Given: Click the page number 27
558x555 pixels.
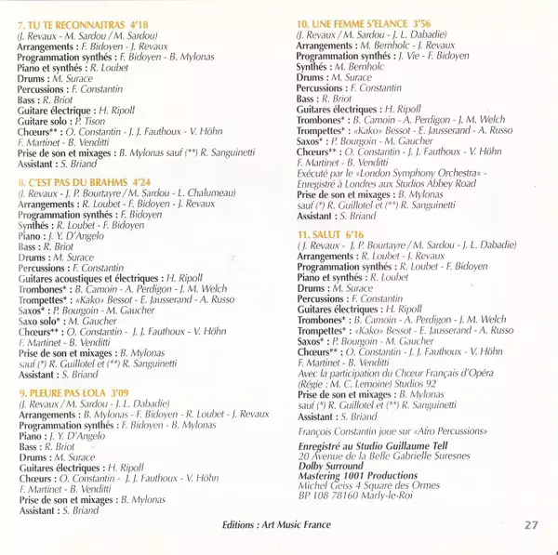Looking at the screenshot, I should coord(531,525).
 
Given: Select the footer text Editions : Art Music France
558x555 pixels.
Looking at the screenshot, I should coord(276,526).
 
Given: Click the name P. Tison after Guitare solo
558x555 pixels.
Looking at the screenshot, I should coord(89,122).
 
